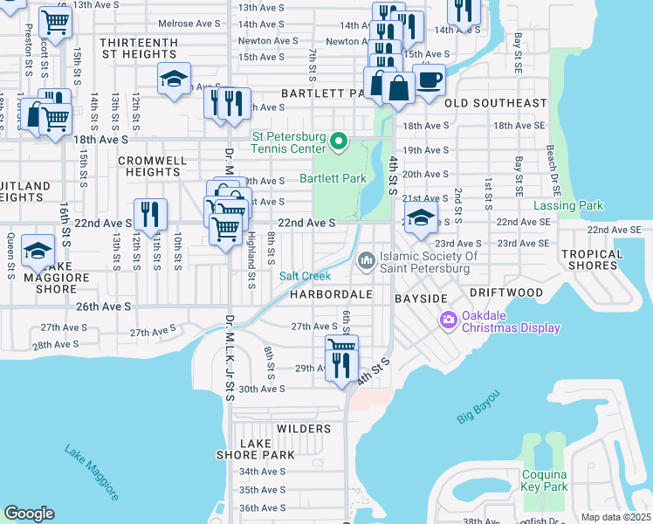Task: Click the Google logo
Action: coord(29,514)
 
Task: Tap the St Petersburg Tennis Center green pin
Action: coord(340,141)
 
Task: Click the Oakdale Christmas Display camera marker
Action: coord(450,321)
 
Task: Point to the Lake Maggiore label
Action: coord(91,472)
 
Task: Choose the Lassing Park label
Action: coord(568,206)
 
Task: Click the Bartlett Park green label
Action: coord(332,178)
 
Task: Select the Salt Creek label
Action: coord(305,276)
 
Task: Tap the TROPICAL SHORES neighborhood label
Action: coord(592,260)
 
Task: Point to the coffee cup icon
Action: coord(428,80)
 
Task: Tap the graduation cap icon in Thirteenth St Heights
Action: coord(174,79)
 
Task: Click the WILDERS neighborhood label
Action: coord(304,429)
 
